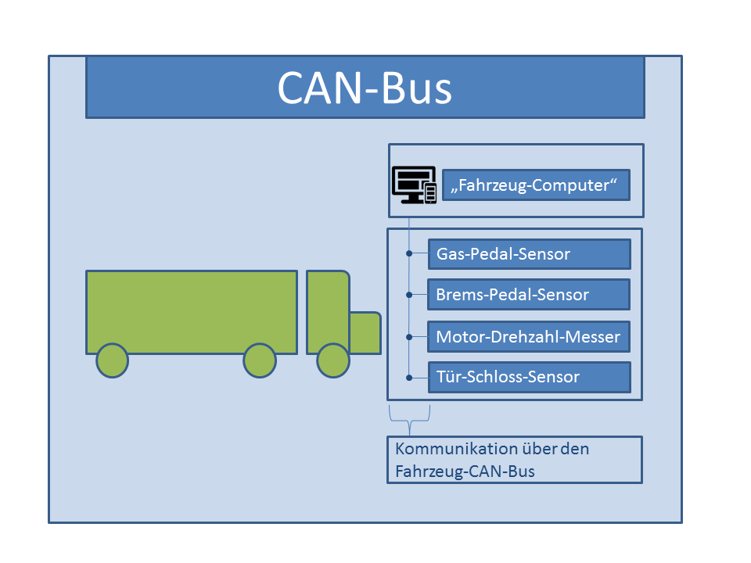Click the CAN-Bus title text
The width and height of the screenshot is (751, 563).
[x=365, y=88]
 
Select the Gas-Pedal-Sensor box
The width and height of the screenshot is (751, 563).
[x=529, y=254]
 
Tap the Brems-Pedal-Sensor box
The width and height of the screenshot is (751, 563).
[x=529, y=295]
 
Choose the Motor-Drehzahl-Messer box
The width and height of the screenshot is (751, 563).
[x=529, y=337]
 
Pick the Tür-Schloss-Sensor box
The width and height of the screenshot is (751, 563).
[x=529, y=377]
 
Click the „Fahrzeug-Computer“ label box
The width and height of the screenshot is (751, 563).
[x=535, y=185]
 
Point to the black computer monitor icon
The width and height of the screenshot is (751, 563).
[x=412, y=185]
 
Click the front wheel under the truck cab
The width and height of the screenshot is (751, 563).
[x=333, y=360]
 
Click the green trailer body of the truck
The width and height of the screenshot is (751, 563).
[x=191, y=310]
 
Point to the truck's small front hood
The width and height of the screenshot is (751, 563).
[x=365, y=332]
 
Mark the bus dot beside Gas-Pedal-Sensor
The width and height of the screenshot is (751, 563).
[x=409, y=254]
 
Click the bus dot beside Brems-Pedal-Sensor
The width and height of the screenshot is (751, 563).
[x=409, y=295]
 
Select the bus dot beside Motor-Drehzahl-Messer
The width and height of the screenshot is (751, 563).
[x=409, y=337]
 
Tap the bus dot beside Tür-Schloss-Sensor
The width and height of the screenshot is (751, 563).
[x=409, y=377]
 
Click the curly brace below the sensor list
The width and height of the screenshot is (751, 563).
[x=409, y=422]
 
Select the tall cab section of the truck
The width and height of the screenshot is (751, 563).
[x=327, y=310]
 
